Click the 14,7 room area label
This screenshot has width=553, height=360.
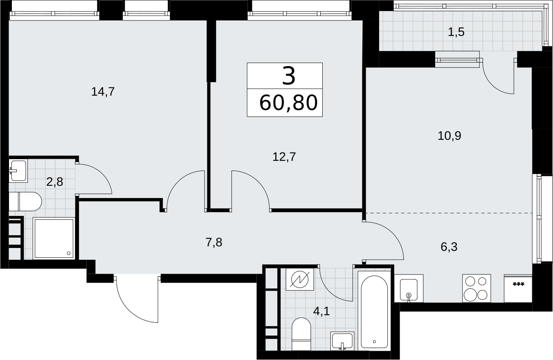103,92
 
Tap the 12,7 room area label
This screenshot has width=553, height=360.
284,157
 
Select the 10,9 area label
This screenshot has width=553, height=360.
449,136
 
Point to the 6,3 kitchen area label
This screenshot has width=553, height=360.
449,247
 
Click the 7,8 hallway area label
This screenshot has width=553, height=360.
214,243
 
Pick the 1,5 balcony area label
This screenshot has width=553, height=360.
456,32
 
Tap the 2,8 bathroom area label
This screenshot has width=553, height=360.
54,182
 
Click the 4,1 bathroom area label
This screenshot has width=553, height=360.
321,312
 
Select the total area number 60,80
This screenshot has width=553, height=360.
288,103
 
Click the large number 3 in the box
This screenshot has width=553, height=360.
289,76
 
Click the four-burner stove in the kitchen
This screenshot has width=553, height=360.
477,288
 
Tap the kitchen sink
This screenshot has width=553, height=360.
409,288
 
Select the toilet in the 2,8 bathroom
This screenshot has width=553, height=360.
25,202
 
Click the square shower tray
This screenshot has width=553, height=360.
54,239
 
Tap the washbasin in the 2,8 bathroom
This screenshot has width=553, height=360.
18,171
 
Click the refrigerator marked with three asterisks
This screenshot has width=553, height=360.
518,288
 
